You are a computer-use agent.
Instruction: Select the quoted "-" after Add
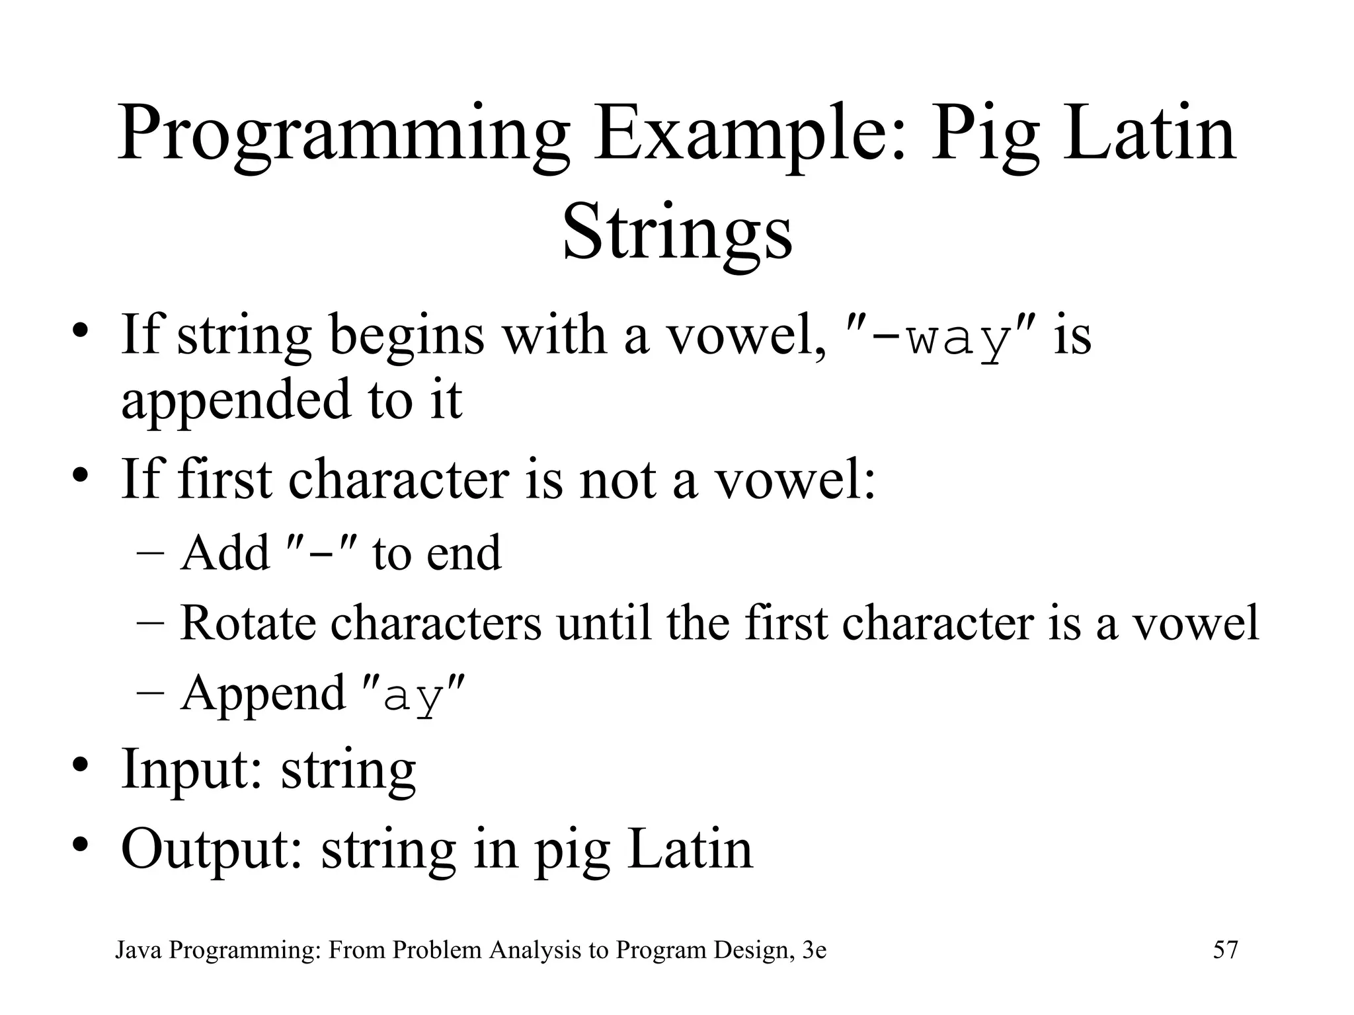point(320,552)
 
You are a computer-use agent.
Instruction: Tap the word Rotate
point(247,622)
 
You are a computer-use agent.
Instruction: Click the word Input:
point(192,769)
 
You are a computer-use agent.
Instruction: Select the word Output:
point(212,848)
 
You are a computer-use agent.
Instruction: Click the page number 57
point(1225,950)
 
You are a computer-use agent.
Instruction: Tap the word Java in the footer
point(139,950)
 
